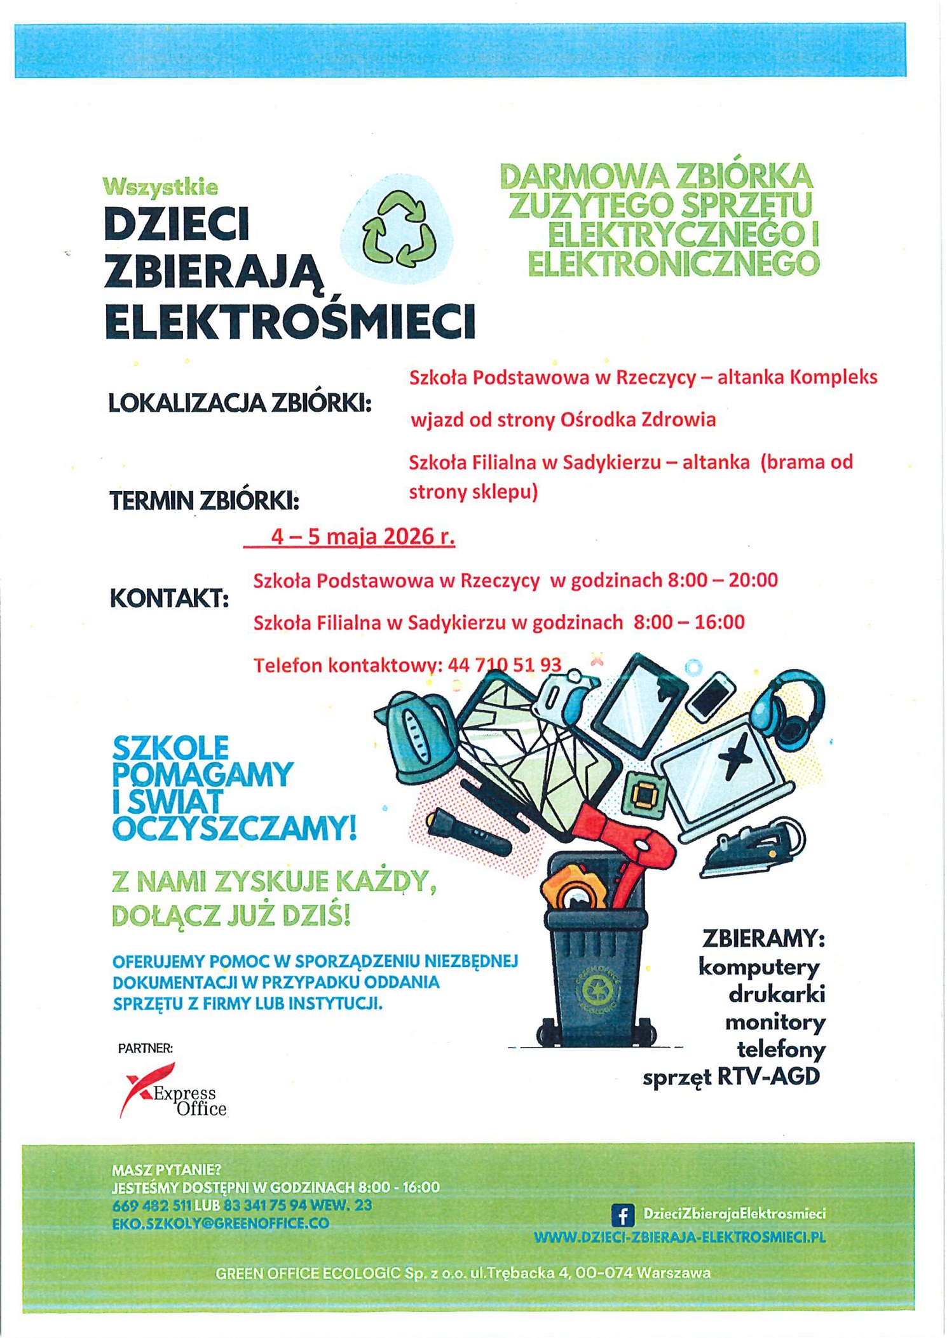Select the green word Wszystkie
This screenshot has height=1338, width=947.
pyautogui.click(x=160, y=187)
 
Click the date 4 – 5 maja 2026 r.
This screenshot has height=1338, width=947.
pyautogui.click(x=362, y=537)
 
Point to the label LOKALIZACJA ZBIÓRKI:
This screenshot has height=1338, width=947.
pyautogui.click(x=240, y=403)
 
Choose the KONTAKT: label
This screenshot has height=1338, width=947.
pyautogui.click(x=170, y=598)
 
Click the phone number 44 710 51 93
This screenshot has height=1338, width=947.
pyautogui.click(x=505, y=665)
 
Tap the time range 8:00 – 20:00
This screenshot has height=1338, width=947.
pyautogui.click(x=722, y=580)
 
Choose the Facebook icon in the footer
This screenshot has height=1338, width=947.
pyautogui.click(x=622, y=1214)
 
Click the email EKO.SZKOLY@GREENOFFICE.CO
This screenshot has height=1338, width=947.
pyautogui.click(x=221, y=1223)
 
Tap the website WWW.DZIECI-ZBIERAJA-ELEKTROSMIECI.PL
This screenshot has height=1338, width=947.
pyautogui.click(x=679, y=1237)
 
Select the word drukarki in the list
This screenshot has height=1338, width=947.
pyautogui.click(x=777, y=994)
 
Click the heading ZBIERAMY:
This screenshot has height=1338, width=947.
pyautogui.click(x=763, y=938)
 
